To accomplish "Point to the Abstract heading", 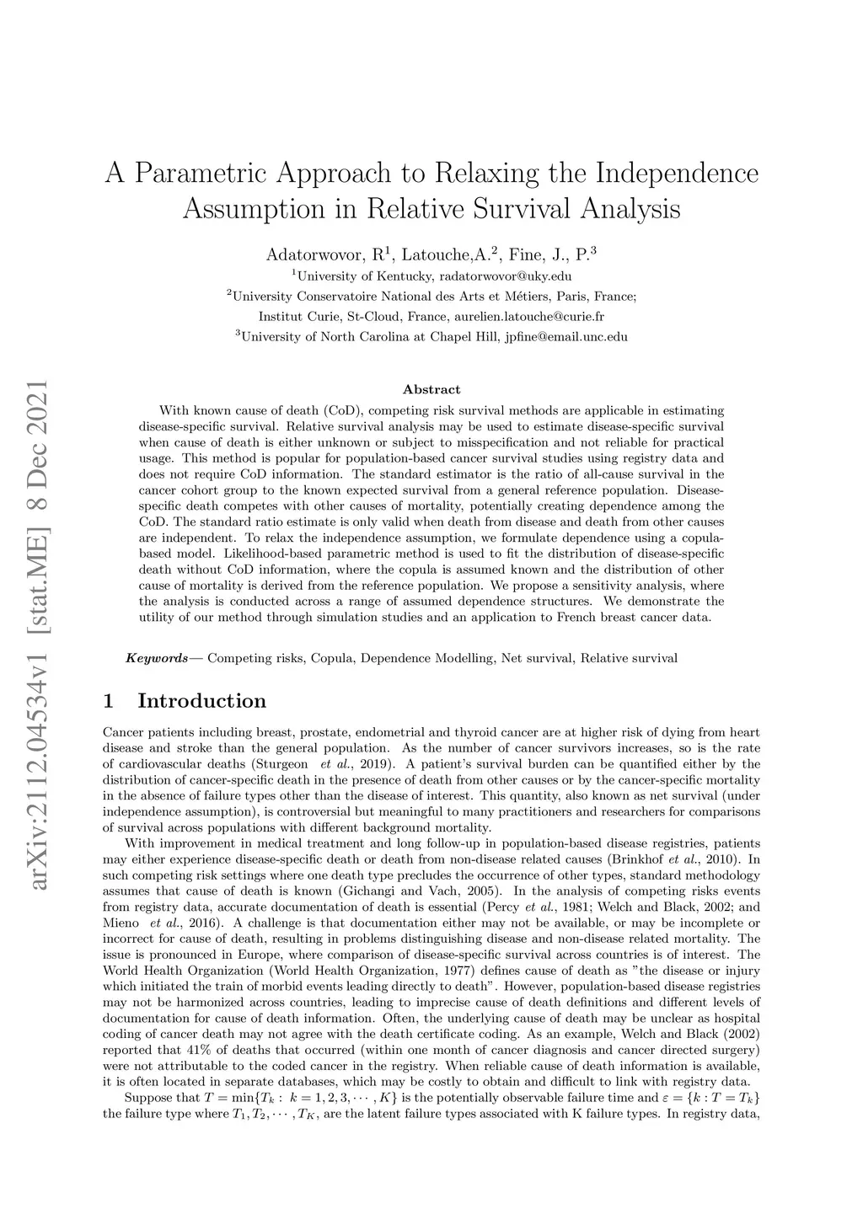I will coord(431,389).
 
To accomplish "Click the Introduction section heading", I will coord(201,701).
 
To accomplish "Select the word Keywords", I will coord(157,658).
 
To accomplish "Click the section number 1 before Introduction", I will coord(107,701).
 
